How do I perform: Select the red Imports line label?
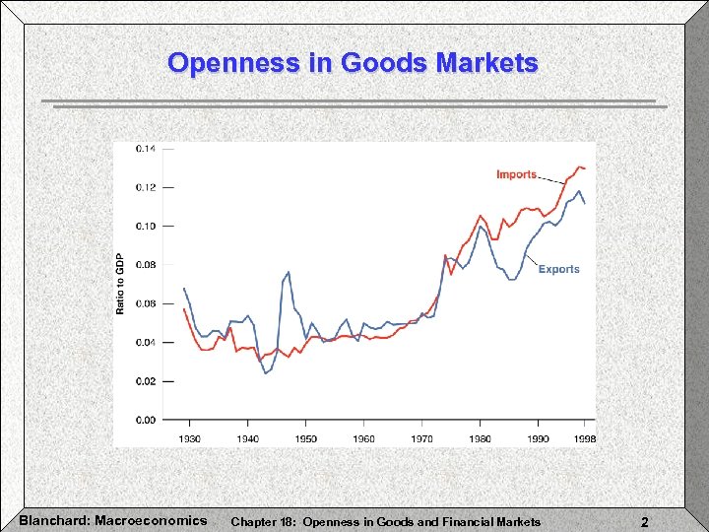pos(516,174)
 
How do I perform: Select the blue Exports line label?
pos(558,269)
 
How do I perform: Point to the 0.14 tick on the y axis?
pos(145,149)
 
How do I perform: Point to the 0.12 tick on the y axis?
pos(145,187)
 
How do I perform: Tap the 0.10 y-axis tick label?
pos(145,226)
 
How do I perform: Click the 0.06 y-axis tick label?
pos(145,303)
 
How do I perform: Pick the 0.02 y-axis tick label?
pos(145,381)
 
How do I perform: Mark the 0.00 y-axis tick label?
pos(145,420)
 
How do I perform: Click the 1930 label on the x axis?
pos(189,437)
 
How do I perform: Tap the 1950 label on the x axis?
pos(305,437)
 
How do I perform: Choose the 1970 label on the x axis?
pos(421,437)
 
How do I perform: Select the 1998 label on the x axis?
pos(585,437)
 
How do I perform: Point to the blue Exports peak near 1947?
pos(288,272)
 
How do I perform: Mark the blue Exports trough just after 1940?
pos(265,373)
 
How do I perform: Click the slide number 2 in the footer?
pos(644,521)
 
